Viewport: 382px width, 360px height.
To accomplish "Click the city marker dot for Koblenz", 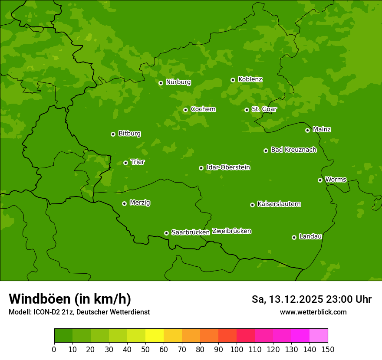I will [233, 80].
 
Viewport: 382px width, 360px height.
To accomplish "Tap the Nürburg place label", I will [178, 82].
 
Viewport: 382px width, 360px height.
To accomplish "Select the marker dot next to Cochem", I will [185, 110].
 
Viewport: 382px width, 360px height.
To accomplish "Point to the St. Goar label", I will [264, 109].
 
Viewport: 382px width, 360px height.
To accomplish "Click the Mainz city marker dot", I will [307, 130].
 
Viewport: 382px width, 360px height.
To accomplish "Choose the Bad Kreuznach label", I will [293, 150].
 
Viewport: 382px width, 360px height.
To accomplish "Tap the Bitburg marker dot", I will [113, 134].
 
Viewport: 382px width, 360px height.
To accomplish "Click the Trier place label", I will [138, 162].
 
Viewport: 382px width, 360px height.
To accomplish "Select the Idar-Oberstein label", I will [228, 167].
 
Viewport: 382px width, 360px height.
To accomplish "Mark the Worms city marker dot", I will [320, 180].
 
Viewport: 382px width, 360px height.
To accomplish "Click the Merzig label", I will [140, 203].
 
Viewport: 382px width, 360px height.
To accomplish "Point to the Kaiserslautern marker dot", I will [252, 205].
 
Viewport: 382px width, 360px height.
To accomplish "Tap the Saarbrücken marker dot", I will [166, 233].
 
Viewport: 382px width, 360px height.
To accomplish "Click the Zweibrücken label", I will [231, 231].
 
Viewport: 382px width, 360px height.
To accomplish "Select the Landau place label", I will [310, 236].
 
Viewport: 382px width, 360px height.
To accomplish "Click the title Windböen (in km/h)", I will [70, 299].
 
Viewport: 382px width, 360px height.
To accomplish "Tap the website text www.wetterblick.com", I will [313, 312].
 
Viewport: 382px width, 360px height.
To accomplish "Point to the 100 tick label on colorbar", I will [237, 349].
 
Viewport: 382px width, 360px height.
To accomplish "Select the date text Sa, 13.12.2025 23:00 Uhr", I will [311, 299].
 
